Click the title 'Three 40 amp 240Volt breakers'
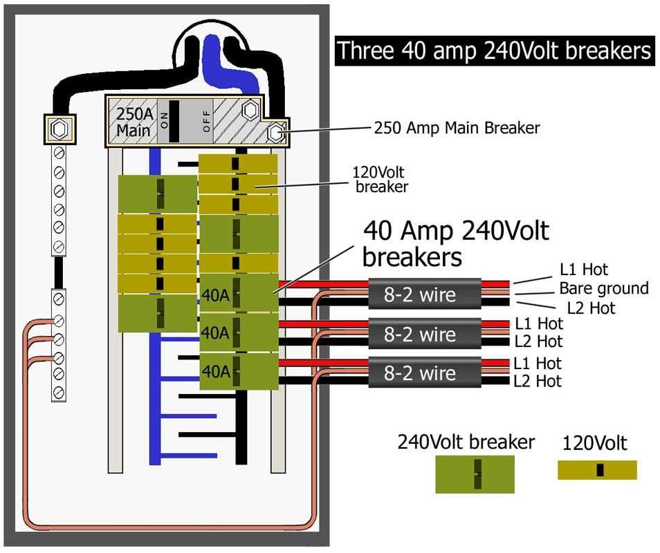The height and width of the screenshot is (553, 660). point(495,50)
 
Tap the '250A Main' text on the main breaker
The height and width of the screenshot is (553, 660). point(134,122)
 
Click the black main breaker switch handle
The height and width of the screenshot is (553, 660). point(174,121)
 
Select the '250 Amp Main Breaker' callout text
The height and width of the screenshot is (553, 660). point(457,128)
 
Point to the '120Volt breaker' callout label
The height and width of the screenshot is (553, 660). point(380,179)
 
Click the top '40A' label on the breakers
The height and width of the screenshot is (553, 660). point(216,295)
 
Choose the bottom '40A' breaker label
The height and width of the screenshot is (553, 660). point(216,371)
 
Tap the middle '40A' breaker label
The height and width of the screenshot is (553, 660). point(216,333)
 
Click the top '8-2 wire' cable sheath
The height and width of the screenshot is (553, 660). point(425,294)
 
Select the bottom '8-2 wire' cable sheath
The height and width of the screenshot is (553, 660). point(425,373)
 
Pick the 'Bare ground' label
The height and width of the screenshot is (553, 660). point(604,288)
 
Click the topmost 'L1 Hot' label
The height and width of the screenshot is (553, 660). point(584,269)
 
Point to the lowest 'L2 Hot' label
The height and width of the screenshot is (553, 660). point(538,381)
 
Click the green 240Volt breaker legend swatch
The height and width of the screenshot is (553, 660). point(475,474)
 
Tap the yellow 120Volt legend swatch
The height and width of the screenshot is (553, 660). point(597,470)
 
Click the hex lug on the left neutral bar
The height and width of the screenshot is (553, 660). point(59,129)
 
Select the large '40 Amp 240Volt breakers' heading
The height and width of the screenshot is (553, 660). point(456,244)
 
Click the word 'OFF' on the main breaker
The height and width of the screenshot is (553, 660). point(206,121)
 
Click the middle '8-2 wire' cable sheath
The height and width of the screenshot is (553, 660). point(425,333)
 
